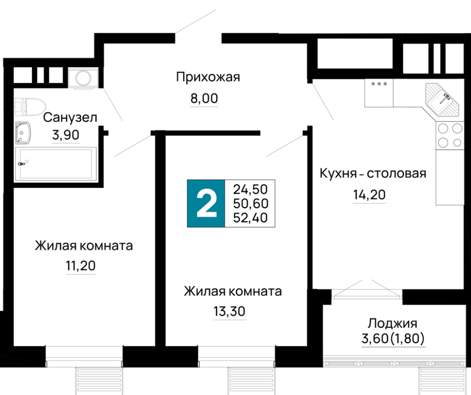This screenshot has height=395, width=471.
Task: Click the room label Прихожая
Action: (x=208, y=77)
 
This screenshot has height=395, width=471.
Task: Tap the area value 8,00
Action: (x=204, y=98)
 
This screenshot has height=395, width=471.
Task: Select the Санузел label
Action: (x=70, y=118)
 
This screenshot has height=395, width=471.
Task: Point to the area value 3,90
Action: (x=66, y=135)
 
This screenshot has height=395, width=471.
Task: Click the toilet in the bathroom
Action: (x=30, y=106)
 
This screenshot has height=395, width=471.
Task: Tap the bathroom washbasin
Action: (x=23, y=133)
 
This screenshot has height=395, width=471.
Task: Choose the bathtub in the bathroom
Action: (x=56, y=164)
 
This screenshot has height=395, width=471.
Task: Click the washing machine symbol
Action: (x=83, y=78)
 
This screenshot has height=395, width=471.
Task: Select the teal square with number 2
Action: (x=206, y=203)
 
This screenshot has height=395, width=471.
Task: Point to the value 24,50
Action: (x=250, y=190)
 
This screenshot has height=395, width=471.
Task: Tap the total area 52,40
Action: (x=250, y=218)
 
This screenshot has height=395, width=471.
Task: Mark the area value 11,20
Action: (x=81, y=266)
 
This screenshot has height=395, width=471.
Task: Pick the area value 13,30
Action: (x=229, y=311)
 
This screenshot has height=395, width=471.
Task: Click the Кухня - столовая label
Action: (x=373, y=174)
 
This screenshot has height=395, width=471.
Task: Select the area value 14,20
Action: (x=369, y=195)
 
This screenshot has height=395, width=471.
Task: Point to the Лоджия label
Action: (x=393, y=324)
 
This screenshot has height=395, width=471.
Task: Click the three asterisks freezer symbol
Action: (x=379, y=84)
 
